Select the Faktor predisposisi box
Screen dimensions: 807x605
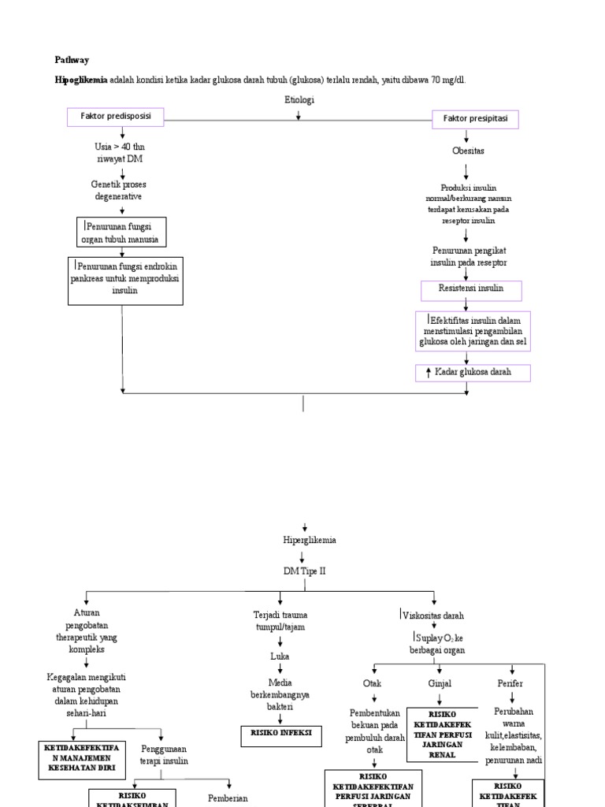115,117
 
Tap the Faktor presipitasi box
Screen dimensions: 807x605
475,120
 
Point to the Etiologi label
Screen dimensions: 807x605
299,100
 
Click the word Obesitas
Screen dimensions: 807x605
468,150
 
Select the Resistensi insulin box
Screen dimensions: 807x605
470,289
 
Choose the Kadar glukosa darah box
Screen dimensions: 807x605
473,373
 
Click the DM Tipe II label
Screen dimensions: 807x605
303,571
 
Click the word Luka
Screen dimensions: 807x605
280,655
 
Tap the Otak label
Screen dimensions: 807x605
372,683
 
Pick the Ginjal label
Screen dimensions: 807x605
440,683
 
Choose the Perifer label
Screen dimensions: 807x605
510,683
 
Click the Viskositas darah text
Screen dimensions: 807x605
433,615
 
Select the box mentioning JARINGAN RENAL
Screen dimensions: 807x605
442,734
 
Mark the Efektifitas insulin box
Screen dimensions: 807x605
473,331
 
